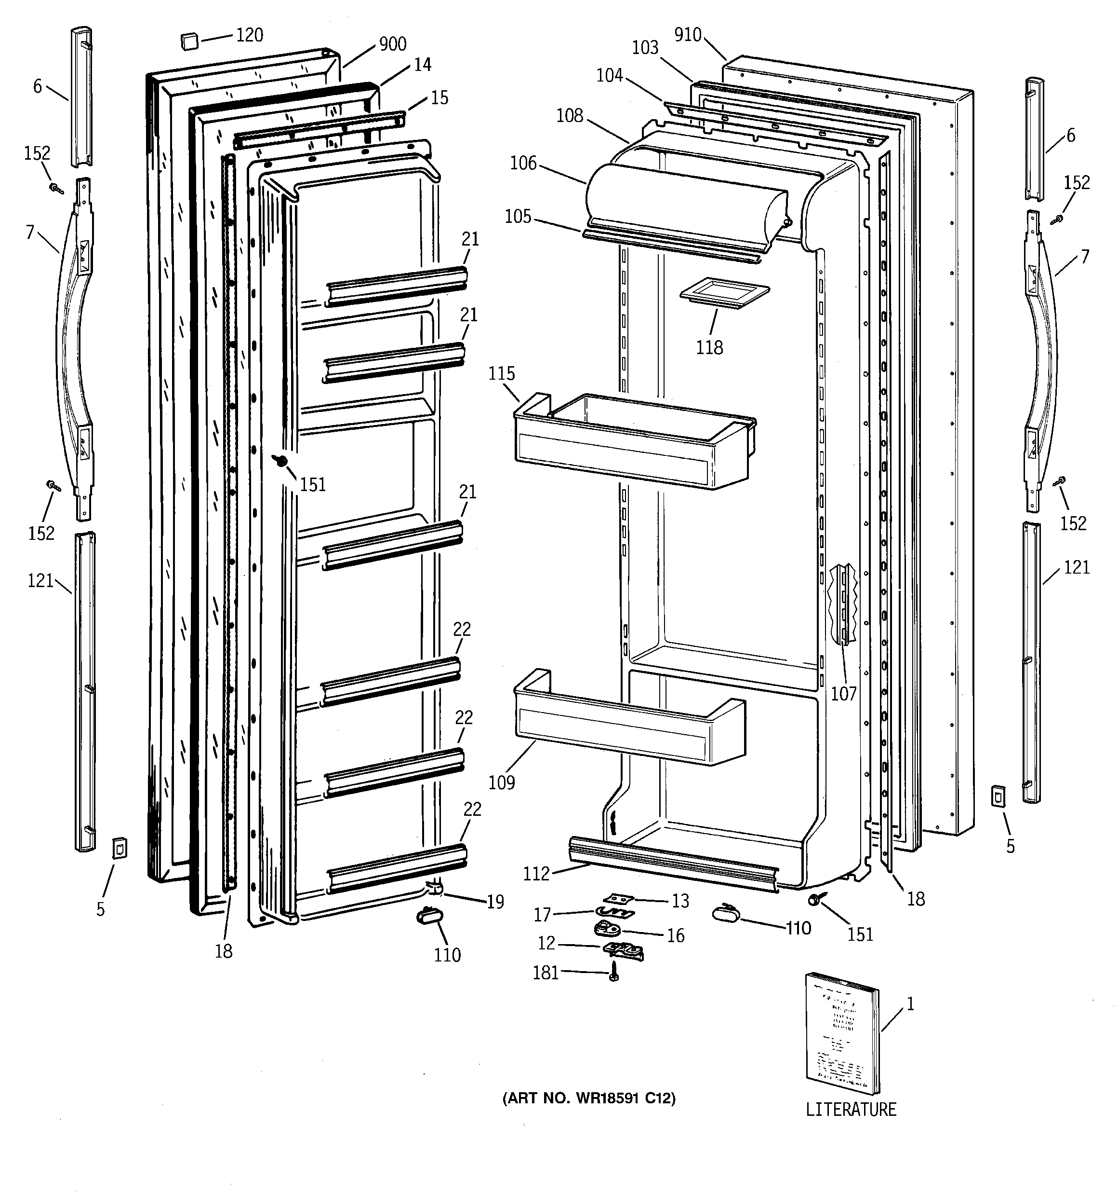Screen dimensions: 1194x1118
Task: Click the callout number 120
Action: (249, 35)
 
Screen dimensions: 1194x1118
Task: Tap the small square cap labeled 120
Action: (189, 42)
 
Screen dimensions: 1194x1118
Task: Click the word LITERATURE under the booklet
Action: (851, 1109)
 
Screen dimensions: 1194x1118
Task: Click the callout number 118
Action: (709, 347)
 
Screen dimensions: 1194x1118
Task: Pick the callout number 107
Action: (843, 694)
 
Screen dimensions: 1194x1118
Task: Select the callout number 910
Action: (688, 35)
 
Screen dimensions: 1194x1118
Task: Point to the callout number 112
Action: (536, 873)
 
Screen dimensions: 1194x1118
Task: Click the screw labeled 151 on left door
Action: (279, 461)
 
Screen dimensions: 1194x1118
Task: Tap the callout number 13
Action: (680, 901)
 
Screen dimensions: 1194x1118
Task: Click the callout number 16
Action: (676, 936)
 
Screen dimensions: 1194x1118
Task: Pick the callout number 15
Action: (439, 97)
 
